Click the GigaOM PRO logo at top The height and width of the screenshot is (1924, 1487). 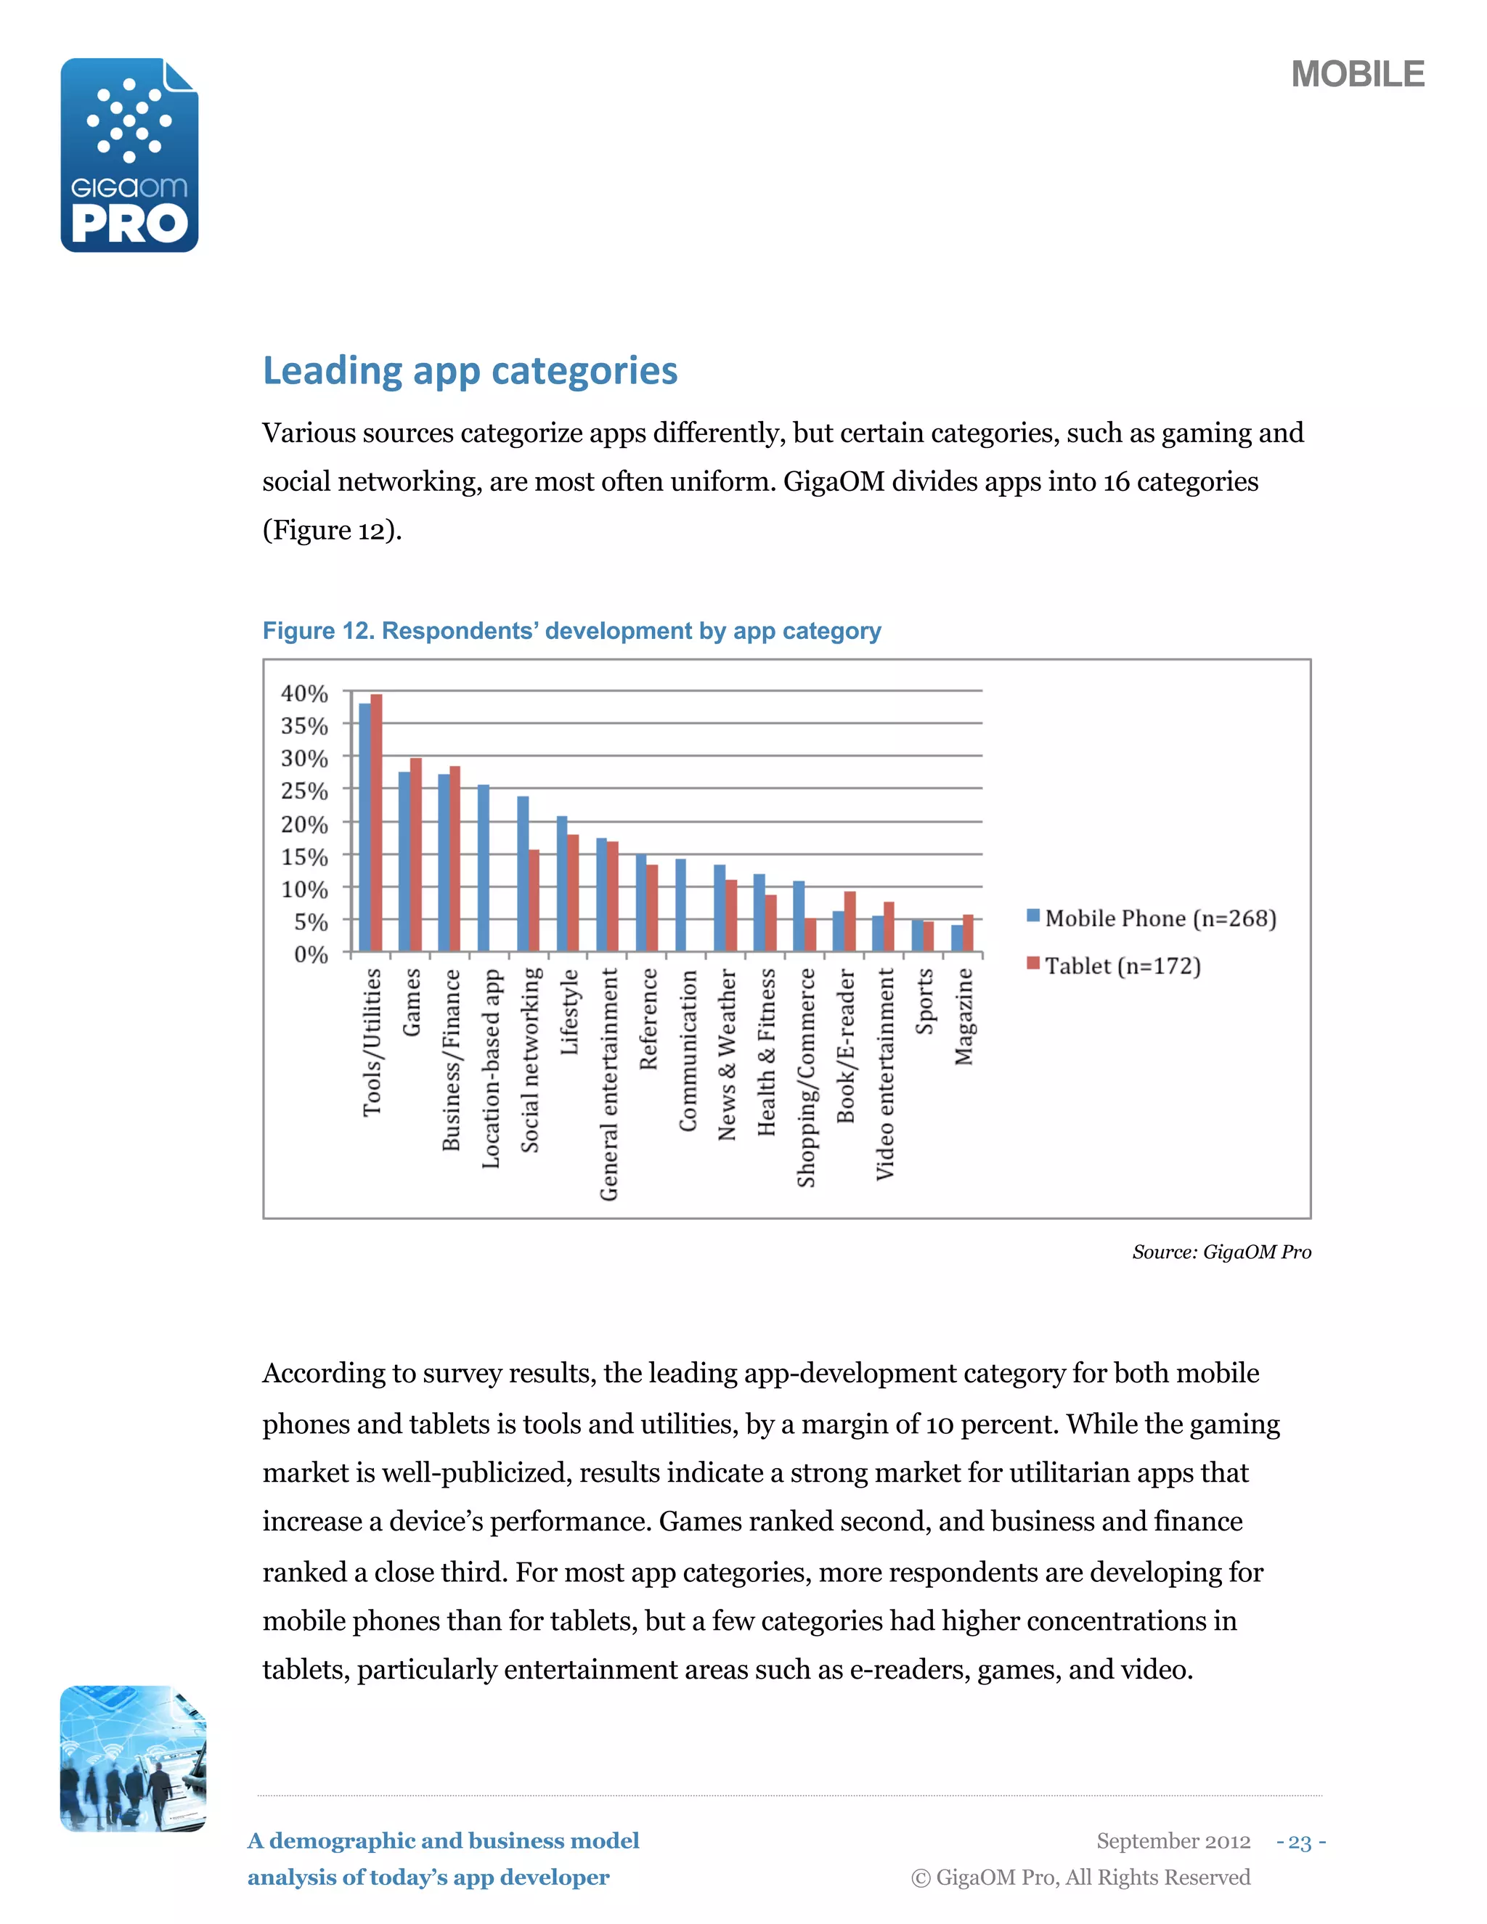pyautogui.click(x=129, y=155)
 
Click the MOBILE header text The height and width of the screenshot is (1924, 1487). pyautogui.click(x=1356, y=74)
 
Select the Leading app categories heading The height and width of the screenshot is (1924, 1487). pyautogui.click(x=470, y=371)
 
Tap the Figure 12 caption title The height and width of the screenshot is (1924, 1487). pyautogui.click(x=571, y=631)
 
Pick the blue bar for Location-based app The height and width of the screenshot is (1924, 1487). pyautogui.click(x=484, y=868)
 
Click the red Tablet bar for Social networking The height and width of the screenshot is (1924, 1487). pyautogui.click(x=534, y=900)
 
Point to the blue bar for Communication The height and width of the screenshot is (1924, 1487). pyautogui.click(x=681, y=905)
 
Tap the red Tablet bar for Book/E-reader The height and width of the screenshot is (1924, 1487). pyautogui.click(x=850, y=921)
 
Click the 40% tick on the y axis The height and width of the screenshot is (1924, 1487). pyautogui.click(x=304, y=693)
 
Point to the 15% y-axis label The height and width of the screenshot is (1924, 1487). pyautogui.click(x=304, y=856)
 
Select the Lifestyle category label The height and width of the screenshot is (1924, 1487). pyautogui.click(x=570, y=1011)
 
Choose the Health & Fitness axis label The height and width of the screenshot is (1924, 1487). pyautogui.click(x=767, y=1052)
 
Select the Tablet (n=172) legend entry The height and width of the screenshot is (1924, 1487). pyautogui.click(x=1114, y=966)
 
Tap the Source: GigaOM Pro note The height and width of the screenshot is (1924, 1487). pyautogui.click(x=1221, y=1252)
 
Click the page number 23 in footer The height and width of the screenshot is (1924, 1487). pyautogui.click(x=1300, y=1842)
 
